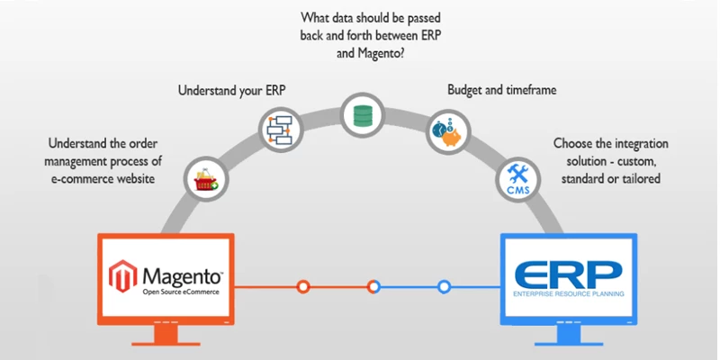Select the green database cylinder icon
pos(362,113)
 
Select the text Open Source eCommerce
pos(179,290)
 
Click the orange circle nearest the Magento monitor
pos(304,287)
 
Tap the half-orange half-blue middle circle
pos(373,287)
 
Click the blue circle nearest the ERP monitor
pos(444,287)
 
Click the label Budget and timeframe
pos(501,90)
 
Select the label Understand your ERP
pos(231,90)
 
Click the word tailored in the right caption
pos(639,178)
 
